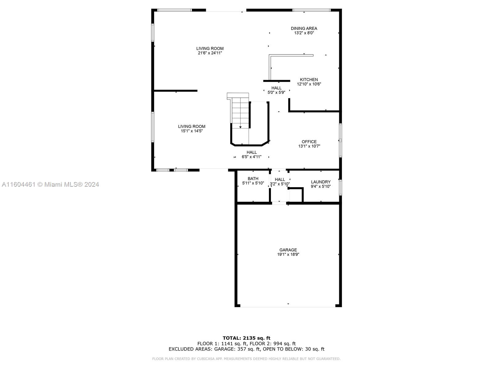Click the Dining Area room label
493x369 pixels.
tap(304, 29)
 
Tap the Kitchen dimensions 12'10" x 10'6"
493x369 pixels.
tap(309, 84)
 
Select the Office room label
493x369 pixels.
tap(309, 142)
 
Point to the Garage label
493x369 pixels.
tap(288, 250)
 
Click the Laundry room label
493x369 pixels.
tap(320, 182)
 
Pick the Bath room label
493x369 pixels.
tap(253, 179)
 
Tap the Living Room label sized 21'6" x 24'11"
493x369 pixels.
tap(210, 48)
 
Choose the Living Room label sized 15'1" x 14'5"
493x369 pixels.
tap(192, 126)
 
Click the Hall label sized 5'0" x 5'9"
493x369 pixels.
tap(276, 88)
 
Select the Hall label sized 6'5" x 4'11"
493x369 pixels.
tap(251, 152)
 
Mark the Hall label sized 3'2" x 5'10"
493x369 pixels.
tap(280, 180)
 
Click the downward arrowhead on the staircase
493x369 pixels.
tap(240, 127)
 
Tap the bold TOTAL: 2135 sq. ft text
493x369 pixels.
tap(246, 338)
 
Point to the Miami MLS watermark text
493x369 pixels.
tap(50, 184)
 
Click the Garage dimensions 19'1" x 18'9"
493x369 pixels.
tap(288, 255)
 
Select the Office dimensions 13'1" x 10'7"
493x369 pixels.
tap(309, 146)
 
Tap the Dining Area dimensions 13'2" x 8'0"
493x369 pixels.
tap(304, 33)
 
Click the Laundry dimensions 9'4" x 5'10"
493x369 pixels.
tap(320, 186)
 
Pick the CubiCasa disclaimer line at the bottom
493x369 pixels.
tap(246, 359)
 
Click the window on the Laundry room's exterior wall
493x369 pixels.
tap(340, 187)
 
